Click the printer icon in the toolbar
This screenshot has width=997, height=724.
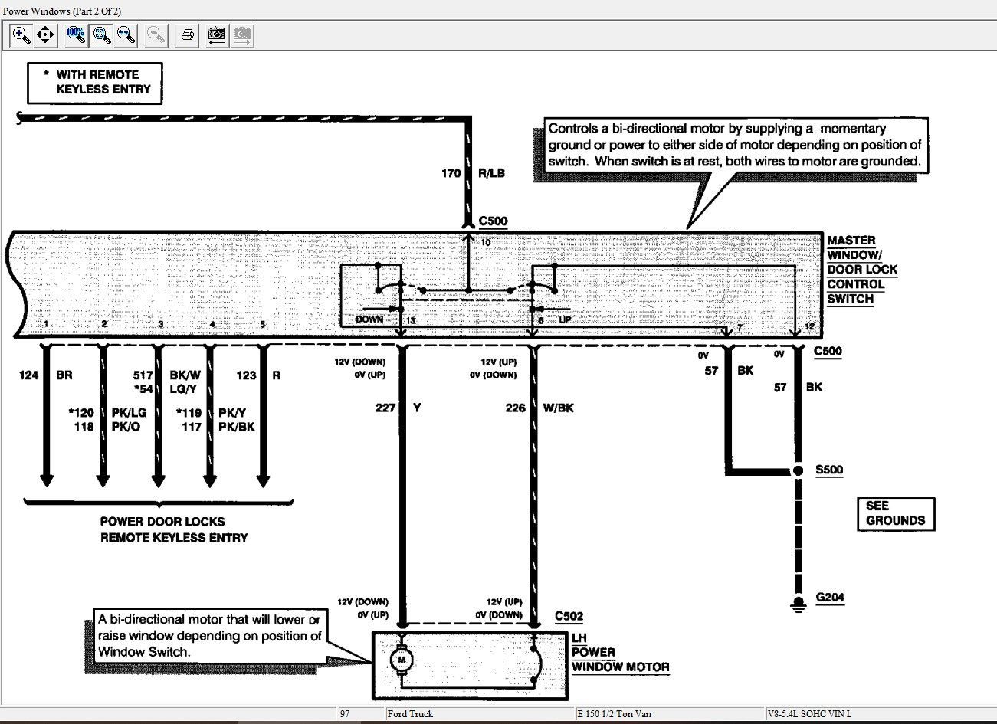(x=188, y=34)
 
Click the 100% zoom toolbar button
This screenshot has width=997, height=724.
(x=76, y=34)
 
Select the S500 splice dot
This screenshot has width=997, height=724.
(x=798, y=470)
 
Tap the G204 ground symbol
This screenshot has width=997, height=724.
(x=798, y=605)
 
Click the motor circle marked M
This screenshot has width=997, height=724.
(x=402, y=660)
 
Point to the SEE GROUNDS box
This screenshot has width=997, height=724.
(x=896, y=514)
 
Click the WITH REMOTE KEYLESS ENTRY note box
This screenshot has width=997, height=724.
(x=95, y=84)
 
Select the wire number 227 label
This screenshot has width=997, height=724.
(x=385, y=408)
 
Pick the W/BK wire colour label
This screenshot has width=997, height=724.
(x=558, y=408)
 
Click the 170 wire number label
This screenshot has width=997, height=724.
(x=451, y=173)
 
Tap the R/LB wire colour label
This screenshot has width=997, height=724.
(x=491, y=173)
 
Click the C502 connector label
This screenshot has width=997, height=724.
(x=569, y=616)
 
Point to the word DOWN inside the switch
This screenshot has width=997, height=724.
(x=369, y=319)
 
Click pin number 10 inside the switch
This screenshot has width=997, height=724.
(x=486, y=243)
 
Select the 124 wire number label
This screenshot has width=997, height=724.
(x=28, y=375)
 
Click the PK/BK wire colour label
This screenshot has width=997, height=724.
(x=236, y=427)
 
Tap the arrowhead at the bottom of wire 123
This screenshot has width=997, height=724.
(x=263, y=482)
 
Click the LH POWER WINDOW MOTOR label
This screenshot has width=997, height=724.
(x=620, y=652)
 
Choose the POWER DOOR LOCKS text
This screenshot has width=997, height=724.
(x=162, y=522)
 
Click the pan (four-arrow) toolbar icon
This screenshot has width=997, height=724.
(x=45, y=34)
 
